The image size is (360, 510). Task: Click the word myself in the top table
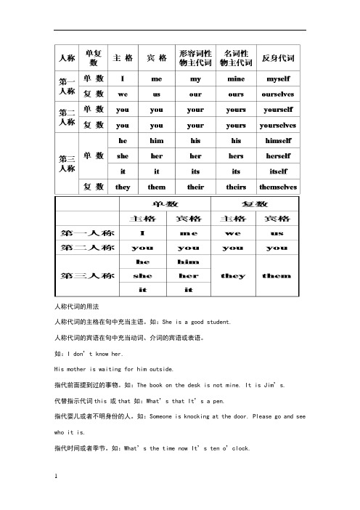pos(279,78)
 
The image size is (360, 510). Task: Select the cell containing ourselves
pos(279,94)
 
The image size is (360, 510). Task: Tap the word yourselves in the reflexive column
pos(279,124)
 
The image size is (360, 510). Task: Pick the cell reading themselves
pos(279,187)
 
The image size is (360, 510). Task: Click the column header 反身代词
pos(279,57)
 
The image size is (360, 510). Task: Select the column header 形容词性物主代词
pos(195,57)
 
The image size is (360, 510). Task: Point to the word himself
pos(279,141)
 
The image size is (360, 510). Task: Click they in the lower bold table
pos(234,276)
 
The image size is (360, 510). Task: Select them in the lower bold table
pos(276,276)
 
